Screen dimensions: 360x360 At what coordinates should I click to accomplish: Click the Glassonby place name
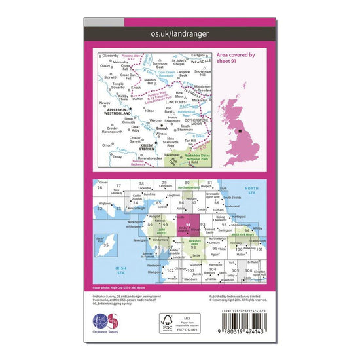pos(110,56)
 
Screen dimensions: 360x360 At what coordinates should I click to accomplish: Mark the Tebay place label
pos(117,157)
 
